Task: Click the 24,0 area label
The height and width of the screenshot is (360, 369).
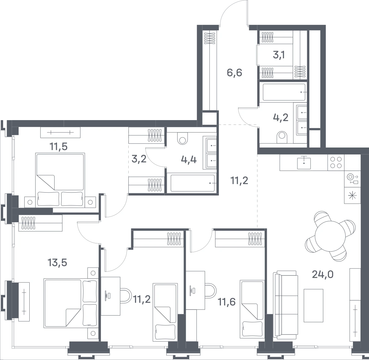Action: (323, 274)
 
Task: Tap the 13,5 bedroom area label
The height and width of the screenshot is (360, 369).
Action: (57, 262)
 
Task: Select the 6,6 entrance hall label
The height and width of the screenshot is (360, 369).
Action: (234, 73)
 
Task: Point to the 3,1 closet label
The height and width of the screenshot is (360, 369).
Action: (279, 55)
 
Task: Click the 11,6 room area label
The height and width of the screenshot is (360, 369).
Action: (227, 302)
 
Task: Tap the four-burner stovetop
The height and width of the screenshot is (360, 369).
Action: (336, 162)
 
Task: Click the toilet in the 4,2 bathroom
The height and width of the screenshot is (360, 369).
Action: (282, 137)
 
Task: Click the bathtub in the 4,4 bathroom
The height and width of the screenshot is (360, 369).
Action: (192, 183)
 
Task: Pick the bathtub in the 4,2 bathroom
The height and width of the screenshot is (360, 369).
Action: (284, 92)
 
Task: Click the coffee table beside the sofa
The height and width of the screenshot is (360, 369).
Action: (313, 305)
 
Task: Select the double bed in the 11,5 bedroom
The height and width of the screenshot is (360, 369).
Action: (60, 180)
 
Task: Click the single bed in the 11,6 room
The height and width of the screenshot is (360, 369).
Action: (252, 310)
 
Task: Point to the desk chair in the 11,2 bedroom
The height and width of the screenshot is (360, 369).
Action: (126, 295)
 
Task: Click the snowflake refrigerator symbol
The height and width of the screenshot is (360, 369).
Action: (352, 195)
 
